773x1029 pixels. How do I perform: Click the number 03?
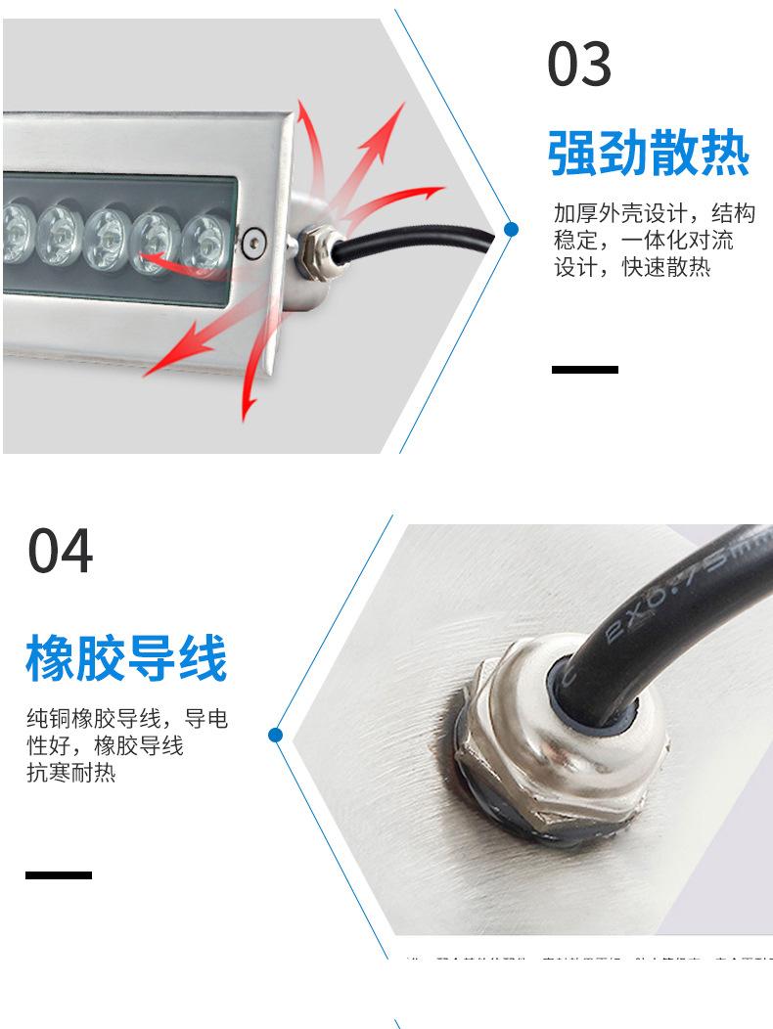tap(579, 66)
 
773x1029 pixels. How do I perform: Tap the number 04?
tap(61, 551)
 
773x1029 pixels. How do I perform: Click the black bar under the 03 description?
tap(585, 370)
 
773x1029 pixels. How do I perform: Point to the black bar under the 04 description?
tap(59, 874)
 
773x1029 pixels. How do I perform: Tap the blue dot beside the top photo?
tap(511, 230)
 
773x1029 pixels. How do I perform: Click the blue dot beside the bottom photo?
tap(275, 734)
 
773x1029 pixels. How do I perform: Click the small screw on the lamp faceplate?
tap(255, 238)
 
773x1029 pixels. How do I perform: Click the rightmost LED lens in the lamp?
tap(205, 240)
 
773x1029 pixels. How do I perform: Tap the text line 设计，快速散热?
tap(632, 267)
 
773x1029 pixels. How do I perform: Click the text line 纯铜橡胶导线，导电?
tap(127, 720)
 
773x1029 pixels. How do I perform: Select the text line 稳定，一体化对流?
tap(644, 241)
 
